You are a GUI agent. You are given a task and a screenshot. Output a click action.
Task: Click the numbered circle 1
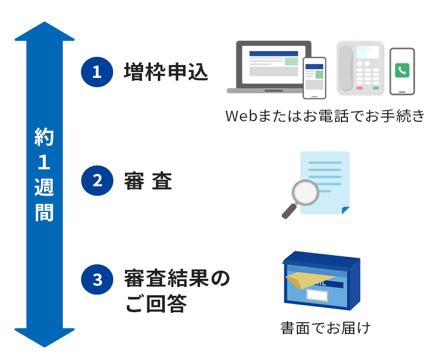96,71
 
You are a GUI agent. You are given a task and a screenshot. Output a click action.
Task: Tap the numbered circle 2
96,180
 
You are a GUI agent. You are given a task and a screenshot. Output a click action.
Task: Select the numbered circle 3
96,280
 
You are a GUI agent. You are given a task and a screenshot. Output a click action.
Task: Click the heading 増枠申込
166,71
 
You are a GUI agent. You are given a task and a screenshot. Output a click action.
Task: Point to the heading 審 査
148,181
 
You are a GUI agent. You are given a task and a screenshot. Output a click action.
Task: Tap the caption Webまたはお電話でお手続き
324,116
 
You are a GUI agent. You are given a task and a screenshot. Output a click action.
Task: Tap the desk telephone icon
360,68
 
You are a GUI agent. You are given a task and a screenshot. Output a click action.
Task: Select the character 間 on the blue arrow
45,212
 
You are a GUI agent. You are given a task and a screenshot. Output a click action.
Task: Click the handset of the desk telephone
346,67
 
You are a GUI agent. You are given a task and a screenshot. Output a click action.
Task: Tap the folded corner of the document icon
345,210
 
